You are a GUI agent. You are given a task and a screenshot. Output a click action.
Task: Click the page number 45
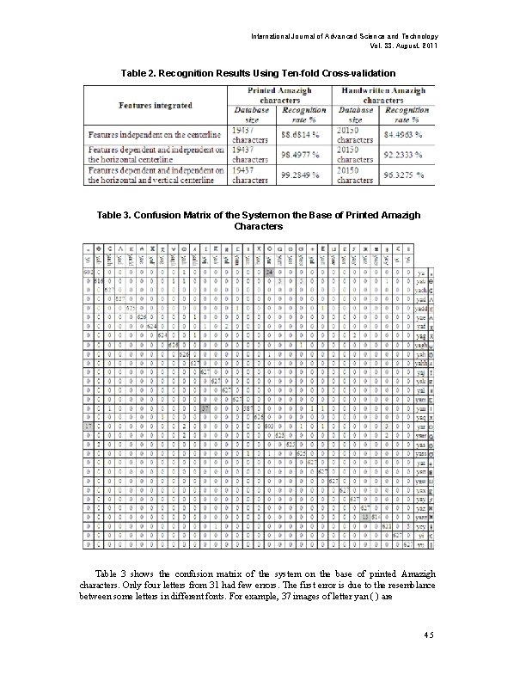431,635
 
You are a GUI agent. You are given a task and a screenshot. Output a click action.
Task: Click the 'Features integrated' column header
156,105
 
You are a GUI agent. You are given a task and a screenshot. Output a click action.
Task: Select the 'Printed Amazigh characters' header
279,95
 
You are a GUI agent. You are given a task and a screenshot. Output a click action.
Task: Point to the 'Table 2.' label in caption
142,74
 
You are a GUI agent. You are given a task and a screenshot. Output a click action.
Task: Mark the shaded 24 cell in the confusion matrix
269,272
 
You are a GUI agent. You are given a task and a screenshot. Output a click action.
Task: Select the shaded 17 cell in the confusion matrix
89,426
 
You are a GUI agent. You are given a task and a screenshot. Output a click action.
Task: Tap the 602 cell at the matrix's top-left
89,272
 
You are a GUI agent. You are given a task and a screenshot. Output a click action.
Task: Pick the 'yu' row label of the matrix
419,544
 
